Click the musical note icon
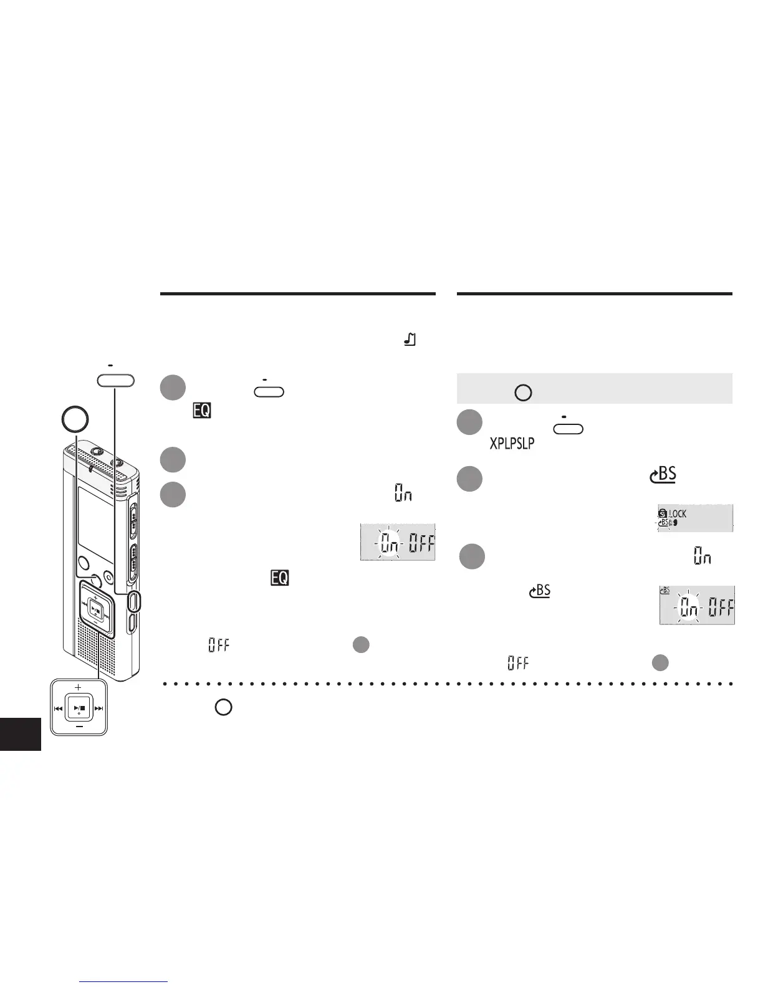[x=410, y=340]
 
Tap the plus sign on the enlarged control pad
[x=78, y=686]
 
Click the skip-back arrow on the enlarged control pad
[x=58, y=708]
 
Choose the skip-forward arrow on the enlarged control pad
[x=98, y=708]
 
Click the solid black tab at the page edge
[x=21, y=733]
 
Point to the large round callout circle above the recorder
[x=75, y=421]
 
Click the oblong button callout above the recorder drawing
[x=116, y=380]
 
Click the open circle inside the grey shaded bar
[x=523, y=393]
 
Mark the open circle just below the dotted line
[x=224, y=707]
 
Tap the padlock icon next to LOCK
[x=663, y=513]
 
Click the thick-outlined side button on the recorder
[x=134, y=601]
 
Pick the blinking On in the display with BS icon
[x=689, y=607]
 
